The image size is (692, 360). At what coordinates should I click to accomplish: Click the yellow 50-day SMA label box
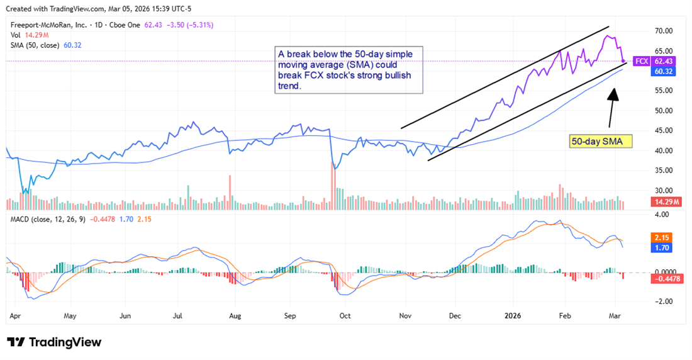pos(600,142)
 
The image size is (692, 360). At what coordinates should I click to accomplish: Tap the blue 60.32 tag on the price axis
pos(664,71)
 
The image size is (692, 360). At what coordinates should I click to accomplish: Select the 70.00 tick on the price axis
pos(664,31)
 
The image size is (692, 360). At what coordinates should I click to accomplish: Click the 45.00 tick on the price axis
pos(664,131)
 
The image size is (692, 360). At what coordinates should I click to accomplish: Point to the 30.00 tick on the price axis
pos(664,191)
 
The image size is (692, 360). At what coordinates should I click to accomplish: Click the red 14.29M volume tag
pos(666,202)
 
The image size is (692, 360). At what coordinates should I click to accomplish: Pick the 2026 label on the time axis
pos(514,314)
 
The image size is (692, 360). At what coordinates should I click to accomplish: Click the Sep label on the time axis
pos(290,314)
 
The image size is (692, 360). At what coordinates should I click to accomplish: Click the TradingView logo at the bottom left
pos(54,342)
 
